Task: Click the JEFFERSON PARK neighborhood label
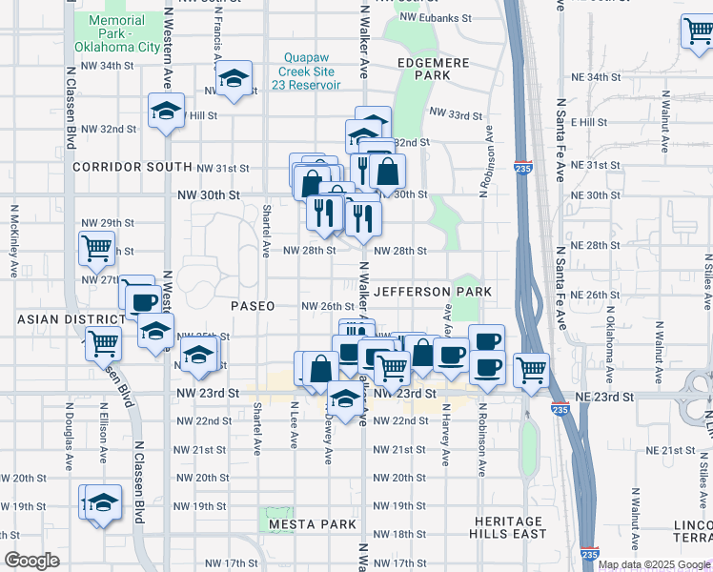[433, 291]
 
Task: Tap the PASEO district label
[253, 306]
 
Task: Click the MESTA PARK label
[312, 524]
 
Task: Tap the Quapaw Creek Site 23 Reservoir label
[310, 71]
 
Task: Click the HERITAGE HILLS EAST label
[512, 527]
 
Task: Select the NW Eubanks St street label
[437, 17]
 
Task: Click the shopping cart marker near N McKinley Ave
[96, 248]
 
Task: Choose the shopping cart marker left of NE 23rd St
[531, 370]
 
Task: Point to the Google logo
[31, 561]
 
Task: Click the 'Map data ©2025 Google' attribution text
[653, 564]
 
